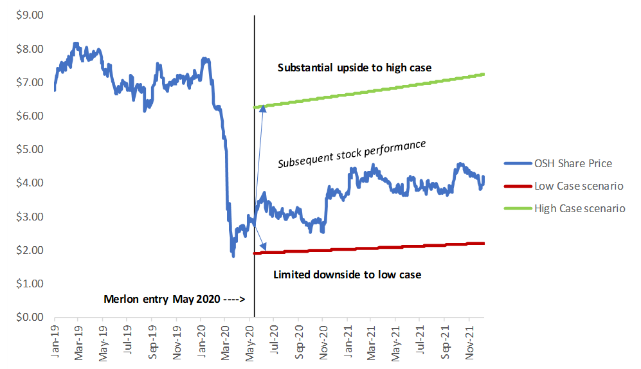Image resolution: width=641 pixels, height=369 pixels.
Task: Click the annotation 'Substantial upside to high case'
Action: pyautogui.click(x=354, y=67)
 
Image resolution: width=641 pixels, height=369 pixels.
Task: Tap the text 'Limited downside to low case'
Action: pyautogui.click(x=347, y=274)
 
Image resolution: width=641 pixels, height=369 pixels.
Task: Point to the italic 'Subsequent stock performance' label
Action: pyautogui.click(x=352, y=154)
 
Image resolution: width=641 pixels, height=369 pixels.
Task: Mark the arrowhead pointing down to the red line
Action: pyautogui.click(x=263, y=246)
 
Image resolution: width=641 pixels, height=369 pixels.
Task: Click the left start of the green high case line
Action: pyautogui.click(x=256, y=107)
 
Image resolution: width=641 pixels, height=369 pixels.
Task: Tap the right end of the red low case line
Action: pyautogui.click(x=483, y=243)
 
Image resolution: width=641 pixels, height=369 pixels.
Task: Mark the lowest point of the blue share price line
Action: pyautogui.click(x=233, y=256)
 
